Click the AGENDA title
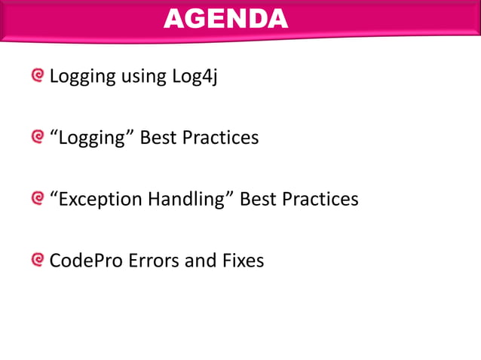click(x=225, y=19)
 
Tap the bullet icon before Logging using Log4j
click(x=38, y=75)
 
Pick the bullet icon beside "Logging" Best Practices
click(x=38, y=137)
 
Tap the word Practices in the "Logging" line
click(x=221, y=139)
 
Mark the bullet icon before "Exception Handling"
click(x=38, y=199)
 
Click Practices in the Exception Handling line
click(x=320, y=200)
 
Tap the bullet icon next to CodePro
click(x=38, y=260)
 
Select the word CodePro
click(x=83, y=261)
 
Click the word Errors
click(x=152, y=261)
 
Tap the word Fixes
click(x=244, y=261)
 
